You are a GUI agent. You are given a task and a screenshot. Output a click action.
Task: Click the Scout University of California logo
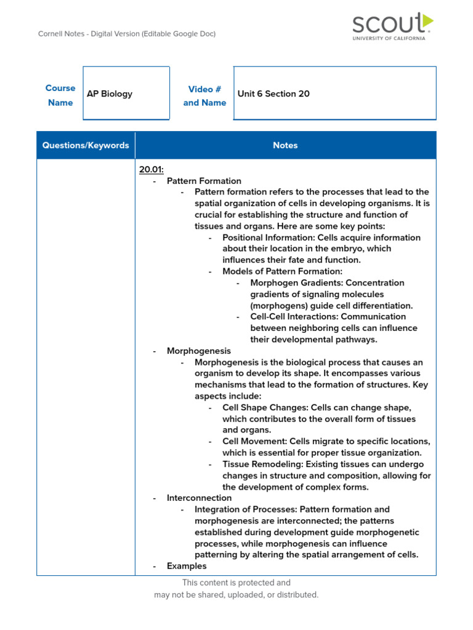point(392,27)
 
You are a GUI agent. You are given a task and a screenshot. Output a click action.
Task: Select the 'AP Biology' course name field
point(110,94)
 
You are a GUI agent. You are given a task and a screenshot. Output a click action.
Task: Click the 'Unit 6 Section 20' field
point(273,94)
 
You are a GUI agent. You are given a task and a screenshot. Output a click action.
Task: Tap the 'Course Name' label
point(60,95)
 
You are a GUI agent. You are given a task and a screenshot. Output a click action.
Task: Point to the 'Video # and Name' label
point(204,95)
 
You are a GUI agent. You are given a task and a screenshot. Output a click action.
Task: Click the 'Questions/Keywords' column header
point(86,146)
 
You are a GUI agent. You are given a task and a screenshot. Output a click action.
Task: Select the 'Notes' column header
point(285,146)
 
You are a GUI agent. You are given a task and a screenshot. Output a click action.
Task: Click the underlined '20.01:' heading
point(152,169)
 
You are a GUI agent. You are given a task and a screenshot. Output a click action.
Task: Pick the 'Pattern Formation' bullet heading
point(204,181)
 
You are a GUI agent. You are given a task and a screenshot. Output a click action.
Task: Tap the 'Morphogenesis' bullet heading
point(199,351)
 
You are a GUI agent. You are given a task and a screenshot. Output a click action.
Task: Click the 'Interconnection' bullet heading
point(199,498)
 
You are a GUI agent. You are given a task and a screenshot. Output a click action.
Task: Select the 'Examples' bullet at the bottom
point(187,566)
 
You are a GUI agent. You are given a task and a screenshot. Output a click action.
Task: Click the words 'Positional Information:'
point(267,237)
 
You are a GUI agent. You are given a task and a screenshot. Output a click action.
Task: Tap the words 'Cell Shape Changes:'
point(265,408)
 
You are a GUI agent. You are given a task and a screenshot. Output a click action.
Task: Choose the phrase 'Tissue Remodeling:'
point(262,465)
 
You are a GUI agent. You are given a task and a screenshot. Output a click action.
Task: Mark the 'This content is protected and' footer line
point(236,583)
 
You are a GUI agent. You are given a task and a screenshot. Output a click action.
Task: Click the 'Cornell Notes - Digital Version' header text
point(127,34)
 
